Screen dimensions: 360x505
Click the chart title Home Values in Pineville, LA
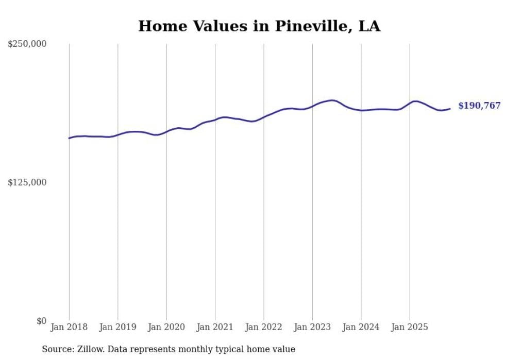pos(259,26)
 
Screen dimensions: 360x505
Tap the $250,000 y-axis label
pos(27,44)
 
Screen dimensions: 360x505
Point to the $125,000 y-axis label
pos(27,182)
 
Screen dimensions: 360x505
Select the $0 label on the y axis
pos(41,321)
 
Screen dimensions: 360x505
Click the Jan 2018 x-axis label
pos(69,327)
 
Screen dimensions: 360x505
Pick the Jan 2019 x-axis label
pos(117,327)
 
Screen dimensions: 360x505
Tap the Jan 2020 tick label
pos(166,327)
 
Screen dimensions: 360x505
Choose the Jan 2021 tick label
pos(215,327)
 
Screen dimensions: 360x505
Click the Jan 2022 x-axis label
pos(264,327)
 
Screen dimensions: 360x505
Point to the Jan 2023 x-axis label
pos(312,327)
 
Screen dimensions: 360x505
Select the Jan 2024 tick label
pos(361,327)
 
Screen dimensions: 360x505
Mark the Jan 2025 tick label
pos(410,327)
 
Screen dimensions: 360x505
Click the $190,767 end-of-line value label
pos(479,106)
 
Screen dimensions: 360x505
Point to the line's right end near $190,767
pos(450,109)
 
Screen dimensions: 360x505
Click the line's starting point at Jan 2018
pos(69,138)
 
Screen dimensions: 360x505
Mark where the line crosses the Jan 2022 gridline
pos(264,116)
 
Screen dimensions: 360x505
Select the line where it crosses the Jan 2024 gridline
pos(361,110)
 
